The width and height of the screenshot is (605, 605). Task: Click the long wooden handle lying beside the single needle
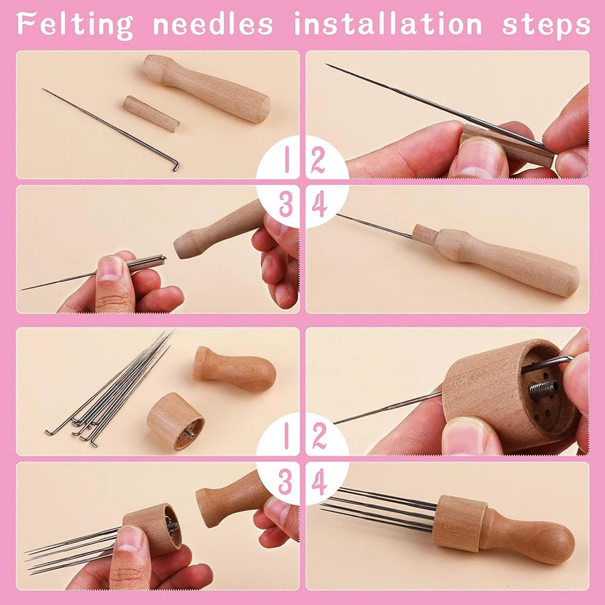(206, 88)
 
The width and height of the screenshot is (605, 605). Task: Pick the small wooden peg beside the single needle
(151, 113)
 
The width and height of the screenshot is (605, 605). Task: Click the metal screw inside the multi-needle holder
(543, 389)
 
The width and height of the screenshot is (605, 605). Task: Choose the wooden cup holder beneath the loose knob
(175, 421)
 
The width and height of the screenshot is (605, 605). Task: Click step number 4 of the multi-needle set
(319, 482)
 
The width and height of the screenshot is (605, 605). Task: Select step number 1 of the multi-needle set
(286, 436)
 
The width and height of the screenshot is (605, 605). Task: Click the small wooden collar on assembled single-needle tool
(424, 235)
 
